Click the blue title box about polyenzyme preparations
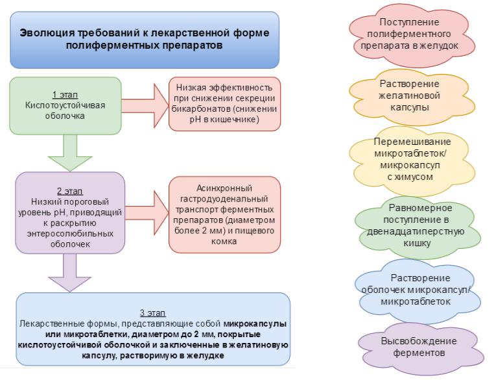click(144, 40)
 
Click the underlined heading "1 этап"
click(65, 94)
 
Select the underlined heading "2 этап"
click(69, 192)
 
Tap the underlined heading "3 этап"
click(152, 313)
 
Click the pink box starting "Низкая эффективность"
click(224, 103)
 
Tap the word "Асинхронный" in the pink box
click(223, 188)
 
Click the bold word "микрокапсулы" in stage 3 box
click(255, 323)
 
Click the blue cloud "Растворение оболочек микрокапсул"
click(419, 290)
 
